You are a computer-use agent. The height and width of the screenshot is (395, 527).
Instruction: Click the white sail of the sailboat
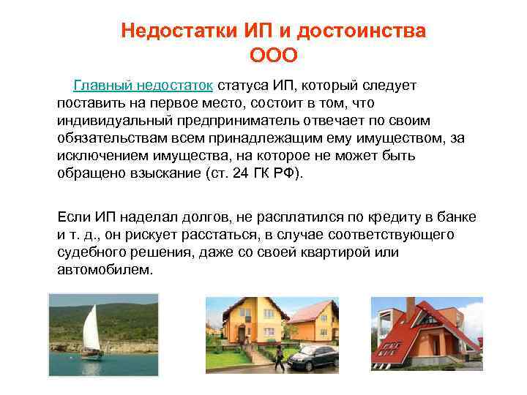(x=90, y=328)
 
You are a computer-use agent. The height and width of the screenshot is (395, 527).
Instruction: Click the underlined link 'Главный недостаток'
(x=143, y=86)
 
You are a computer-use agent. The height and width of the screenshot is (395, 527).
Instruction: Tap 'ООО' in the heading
(x=274, y=56)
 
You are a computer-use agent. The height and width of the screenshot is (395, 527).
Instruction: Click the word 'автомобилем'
(x=105, y=270)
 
